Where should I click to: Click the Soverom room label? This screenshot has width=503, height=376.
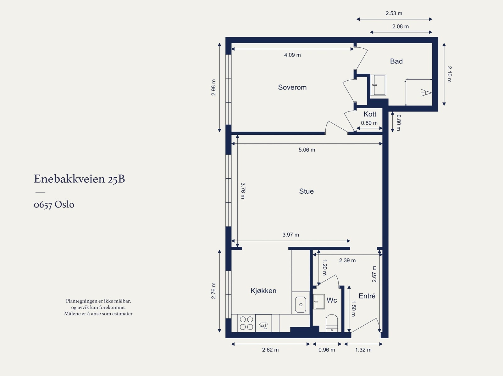coord(292,87)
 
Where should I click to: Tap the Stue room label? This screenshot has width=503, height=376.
coord(306,191)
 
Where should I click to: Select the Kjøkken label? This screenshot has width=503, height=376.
coord(263,291)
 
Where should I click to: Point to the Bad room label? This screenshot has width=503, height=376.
coord(396,61)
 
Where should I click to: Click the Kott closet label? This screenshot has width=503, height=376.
coord(370,114)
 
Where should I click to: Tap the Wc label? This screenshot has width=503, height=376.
coord(332,300)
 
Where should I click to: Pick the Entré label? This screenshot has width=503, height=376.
coord(367,296)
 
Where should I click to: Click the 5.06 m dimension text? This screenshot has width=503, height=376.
coord(307,150)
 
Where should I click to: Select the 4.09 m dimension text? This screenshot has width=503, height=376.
coord(292,55)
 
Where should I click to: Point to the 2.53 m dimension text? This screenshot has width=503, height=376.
coord(394,13)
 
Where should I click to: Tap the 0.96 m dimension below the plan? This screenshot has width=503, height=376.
coord(327,350)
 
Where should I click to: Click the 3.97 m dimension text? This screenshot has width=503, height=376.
coord(290,234)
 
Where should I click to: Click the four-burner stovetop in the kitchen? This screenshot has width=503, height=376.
coord(246,323)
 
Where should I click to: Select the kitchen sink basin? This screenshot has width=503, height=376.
coord(301,304)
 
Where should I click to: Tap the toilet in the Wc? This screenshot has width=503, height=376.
coord(331,323)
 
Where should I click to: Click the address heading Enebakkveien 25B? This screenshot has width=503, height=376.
coord(79,179)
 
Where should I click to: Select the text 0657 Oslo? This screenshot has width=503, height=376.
coord(54,205)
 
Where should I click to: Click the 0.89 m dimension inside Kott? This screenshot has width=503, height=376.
coord(369,123)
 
